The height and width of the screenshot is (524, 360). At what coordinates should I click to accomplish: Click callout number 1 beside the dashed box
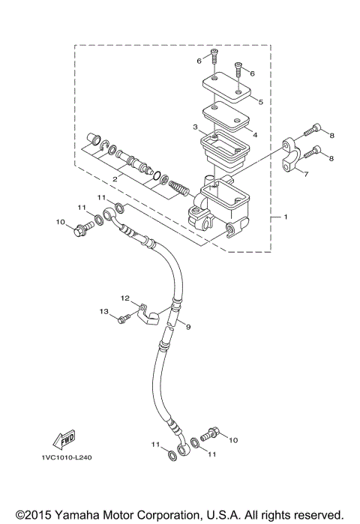tap(284, 217)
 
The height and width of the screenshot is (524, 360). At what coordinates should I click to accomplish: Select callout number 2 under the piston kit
tap(115, 180)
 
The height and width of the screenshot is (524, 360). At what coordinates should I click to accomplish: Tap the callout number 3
tap(194, 127)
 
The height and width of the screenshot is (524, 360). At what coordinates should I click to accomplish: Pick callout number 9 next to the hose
tap(188, 328)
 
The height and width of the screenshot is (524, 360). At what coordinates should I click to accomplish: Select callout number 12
tap(126, 298)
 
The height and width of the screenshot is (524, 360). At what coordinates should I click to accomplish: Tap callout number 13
tap(104, 311)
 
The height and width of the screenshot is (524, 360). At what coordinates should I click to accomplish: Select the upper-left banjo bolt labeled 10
tap(77, 229)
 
